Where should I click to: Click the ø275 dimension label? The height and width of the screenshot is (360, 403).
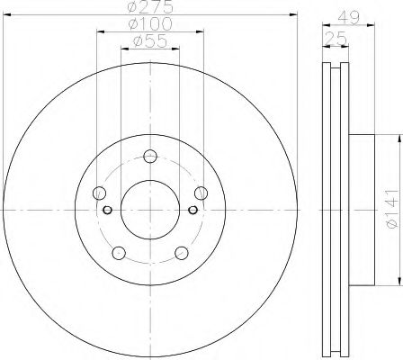pyautogui.click(x=149, y=9)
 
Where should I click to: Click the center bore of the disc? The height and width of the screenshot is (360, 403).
pyautogui.click(x=149, y=208)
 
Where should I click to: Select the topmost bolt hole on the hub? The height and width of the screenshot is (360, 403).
pyautogui.click(x=149, y=155)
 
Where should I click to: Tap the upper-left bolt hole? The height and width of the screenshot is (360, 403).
pyautogui.click(x=99, y=193)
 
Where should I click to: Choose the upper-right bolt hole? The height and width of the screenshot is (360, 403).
pyautogui.click(x=200, y=193)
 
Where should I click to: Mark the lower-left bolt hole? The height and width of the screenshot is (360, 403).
pyautogui.click(x=118, y=252)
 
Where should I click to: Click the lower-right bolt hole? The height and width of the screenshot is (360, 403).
pyautogui.click(x=181, y=252)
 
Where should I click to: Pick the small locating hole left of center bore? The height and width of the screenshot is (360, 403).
pyautogui.click(x=107, y=211)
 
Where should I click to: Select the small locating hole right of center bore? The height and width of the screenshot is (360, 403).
pyautogui.click(x=192, y=211)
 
